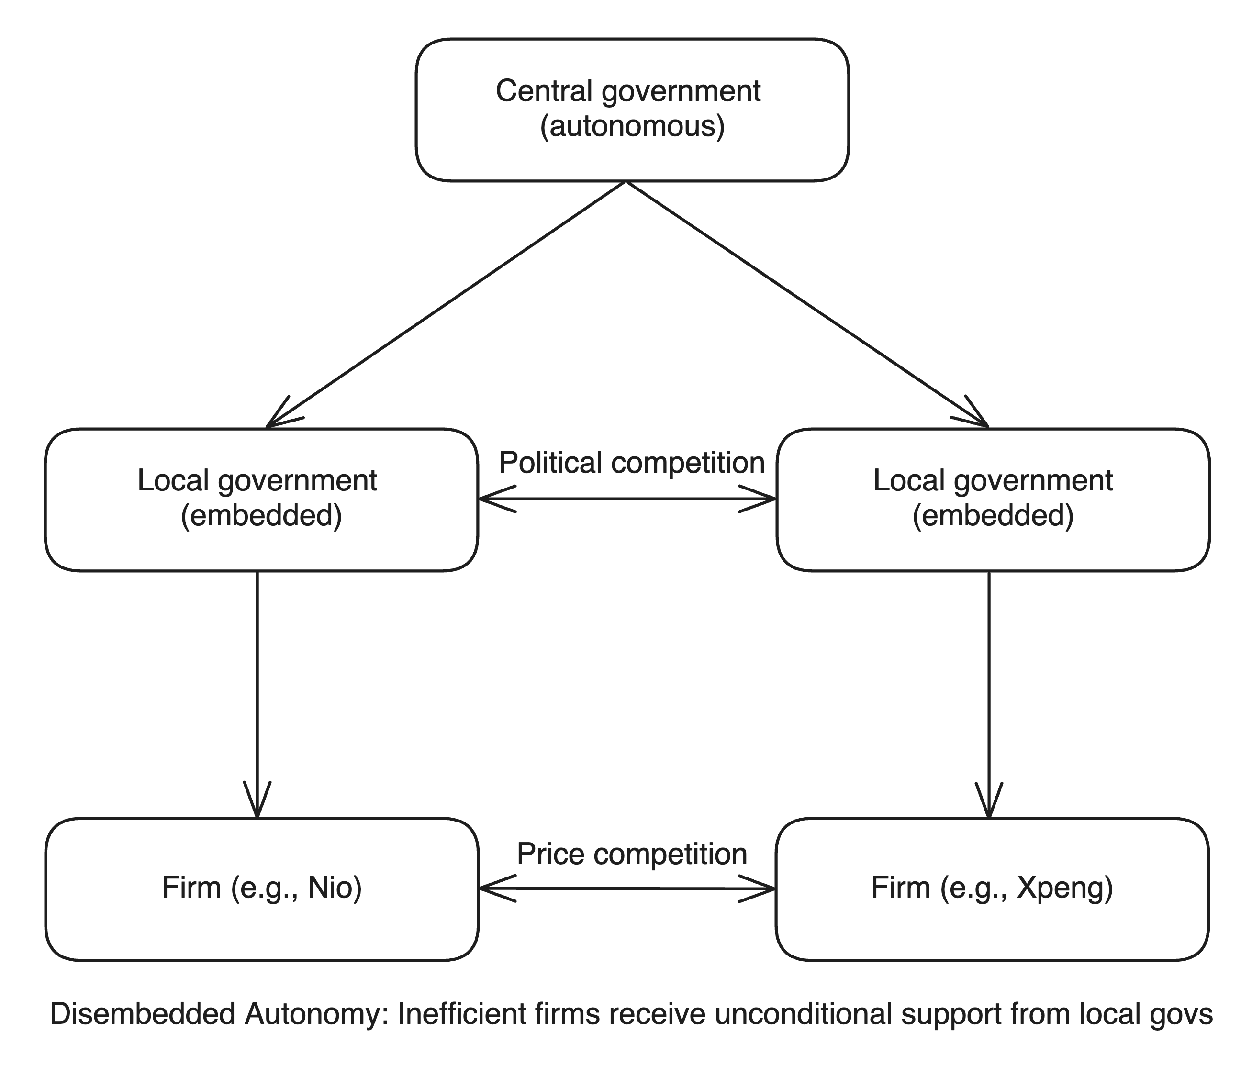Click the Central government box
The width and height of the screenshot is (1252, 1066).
(x=632, y=110)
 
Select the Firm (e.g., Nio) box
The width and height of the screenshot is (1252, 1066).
(x=262, y=889)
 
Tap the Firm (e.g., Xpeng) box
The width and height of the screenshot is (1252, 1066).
(x=992, y=889)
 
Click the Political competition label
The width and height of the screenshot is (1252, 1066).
(x=632, y=463)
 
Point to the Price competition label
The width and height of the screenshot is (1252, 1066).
(x=632, y=855)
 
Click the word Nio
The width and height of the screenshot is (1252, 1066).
(x=334, y=888)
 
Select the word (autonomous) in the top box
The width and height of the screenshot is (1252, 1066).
(x=632, y=127)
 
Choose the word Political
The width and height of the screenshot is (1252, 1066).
(x=551, y=463)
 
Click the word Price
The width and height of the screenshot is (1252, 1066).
(x=550, y=854)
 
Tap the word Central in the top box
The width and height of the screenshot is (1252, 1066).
(x=545, y=91)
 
